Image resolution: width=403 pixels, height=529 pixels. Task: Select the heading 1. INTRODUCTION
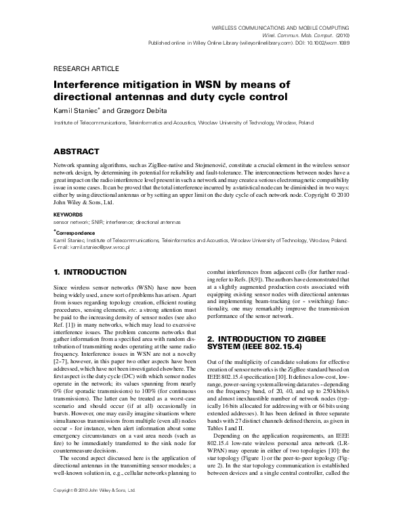coord(99,272)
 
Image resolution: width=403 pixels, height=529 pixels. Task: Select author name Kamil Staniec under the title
coord(76,110)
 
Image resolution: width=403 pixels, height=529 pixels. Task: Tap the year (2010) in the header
coord(340,34)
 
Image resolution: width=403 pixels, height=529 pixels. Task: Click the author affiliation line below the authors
coord(183,124)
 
